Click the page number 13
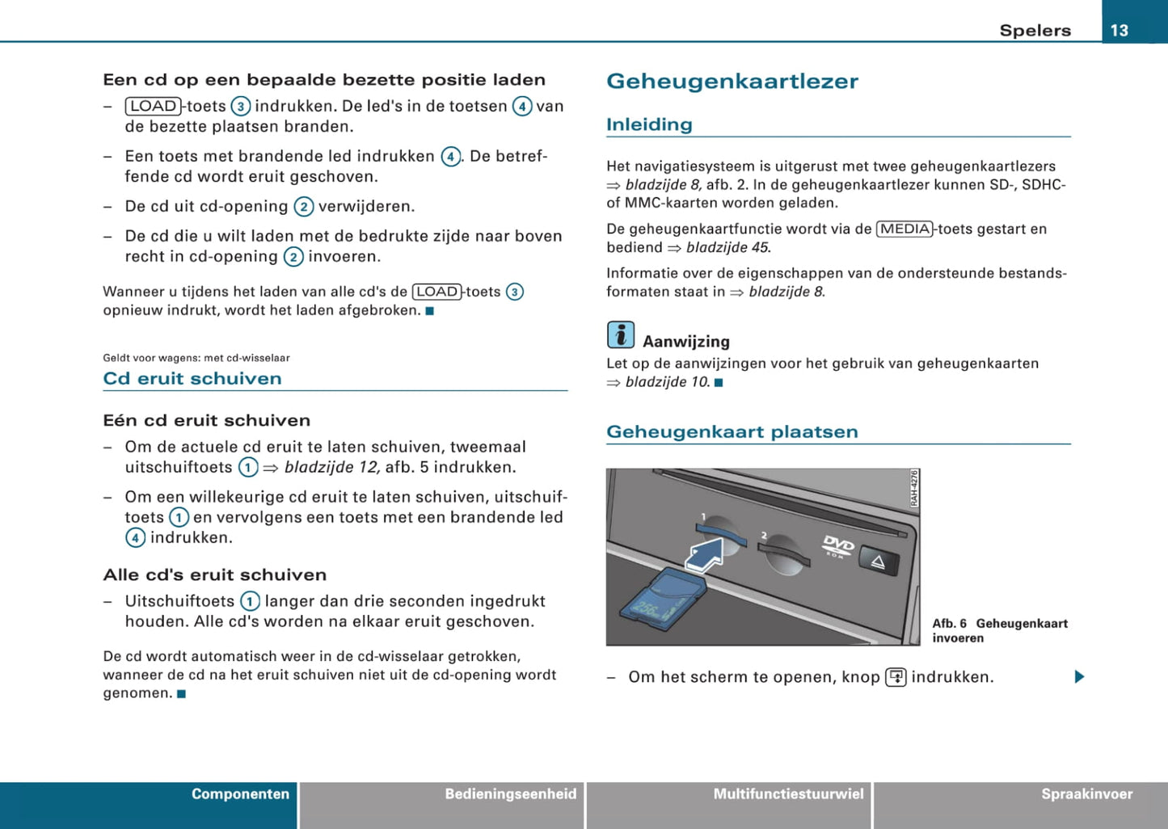click(x=1120, y=30)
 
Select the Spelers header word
click(x=1035, y=31)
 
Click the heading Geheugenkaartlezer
click(x=732, y=82)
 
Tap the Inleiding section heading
click(x=649, y=124)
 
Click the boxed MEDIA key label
click(x=904, y=229)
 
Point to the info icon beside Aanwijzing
click(x=621, y=335)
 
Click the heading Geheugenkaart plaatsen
click(x=732, y=431)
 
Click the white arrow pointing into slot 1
click(x=704, y=556)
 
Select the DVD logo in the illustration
click(x=837, y=545)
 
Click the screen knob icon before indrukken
click(x=896, y=677)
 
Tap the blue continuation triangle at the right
click(x=1079, y=676)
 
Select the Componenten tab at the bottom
click(x=240, y=794)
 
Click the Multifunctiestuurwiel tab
click(x=788, y=794)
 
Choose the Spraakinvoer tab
click(x=1086, y=794)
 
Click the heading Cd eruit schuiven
click(x=192, y=378)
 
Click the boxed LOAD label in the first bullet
click(x=154, y=106)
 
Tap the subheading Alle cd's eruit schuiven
click(x=215, y=574)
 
